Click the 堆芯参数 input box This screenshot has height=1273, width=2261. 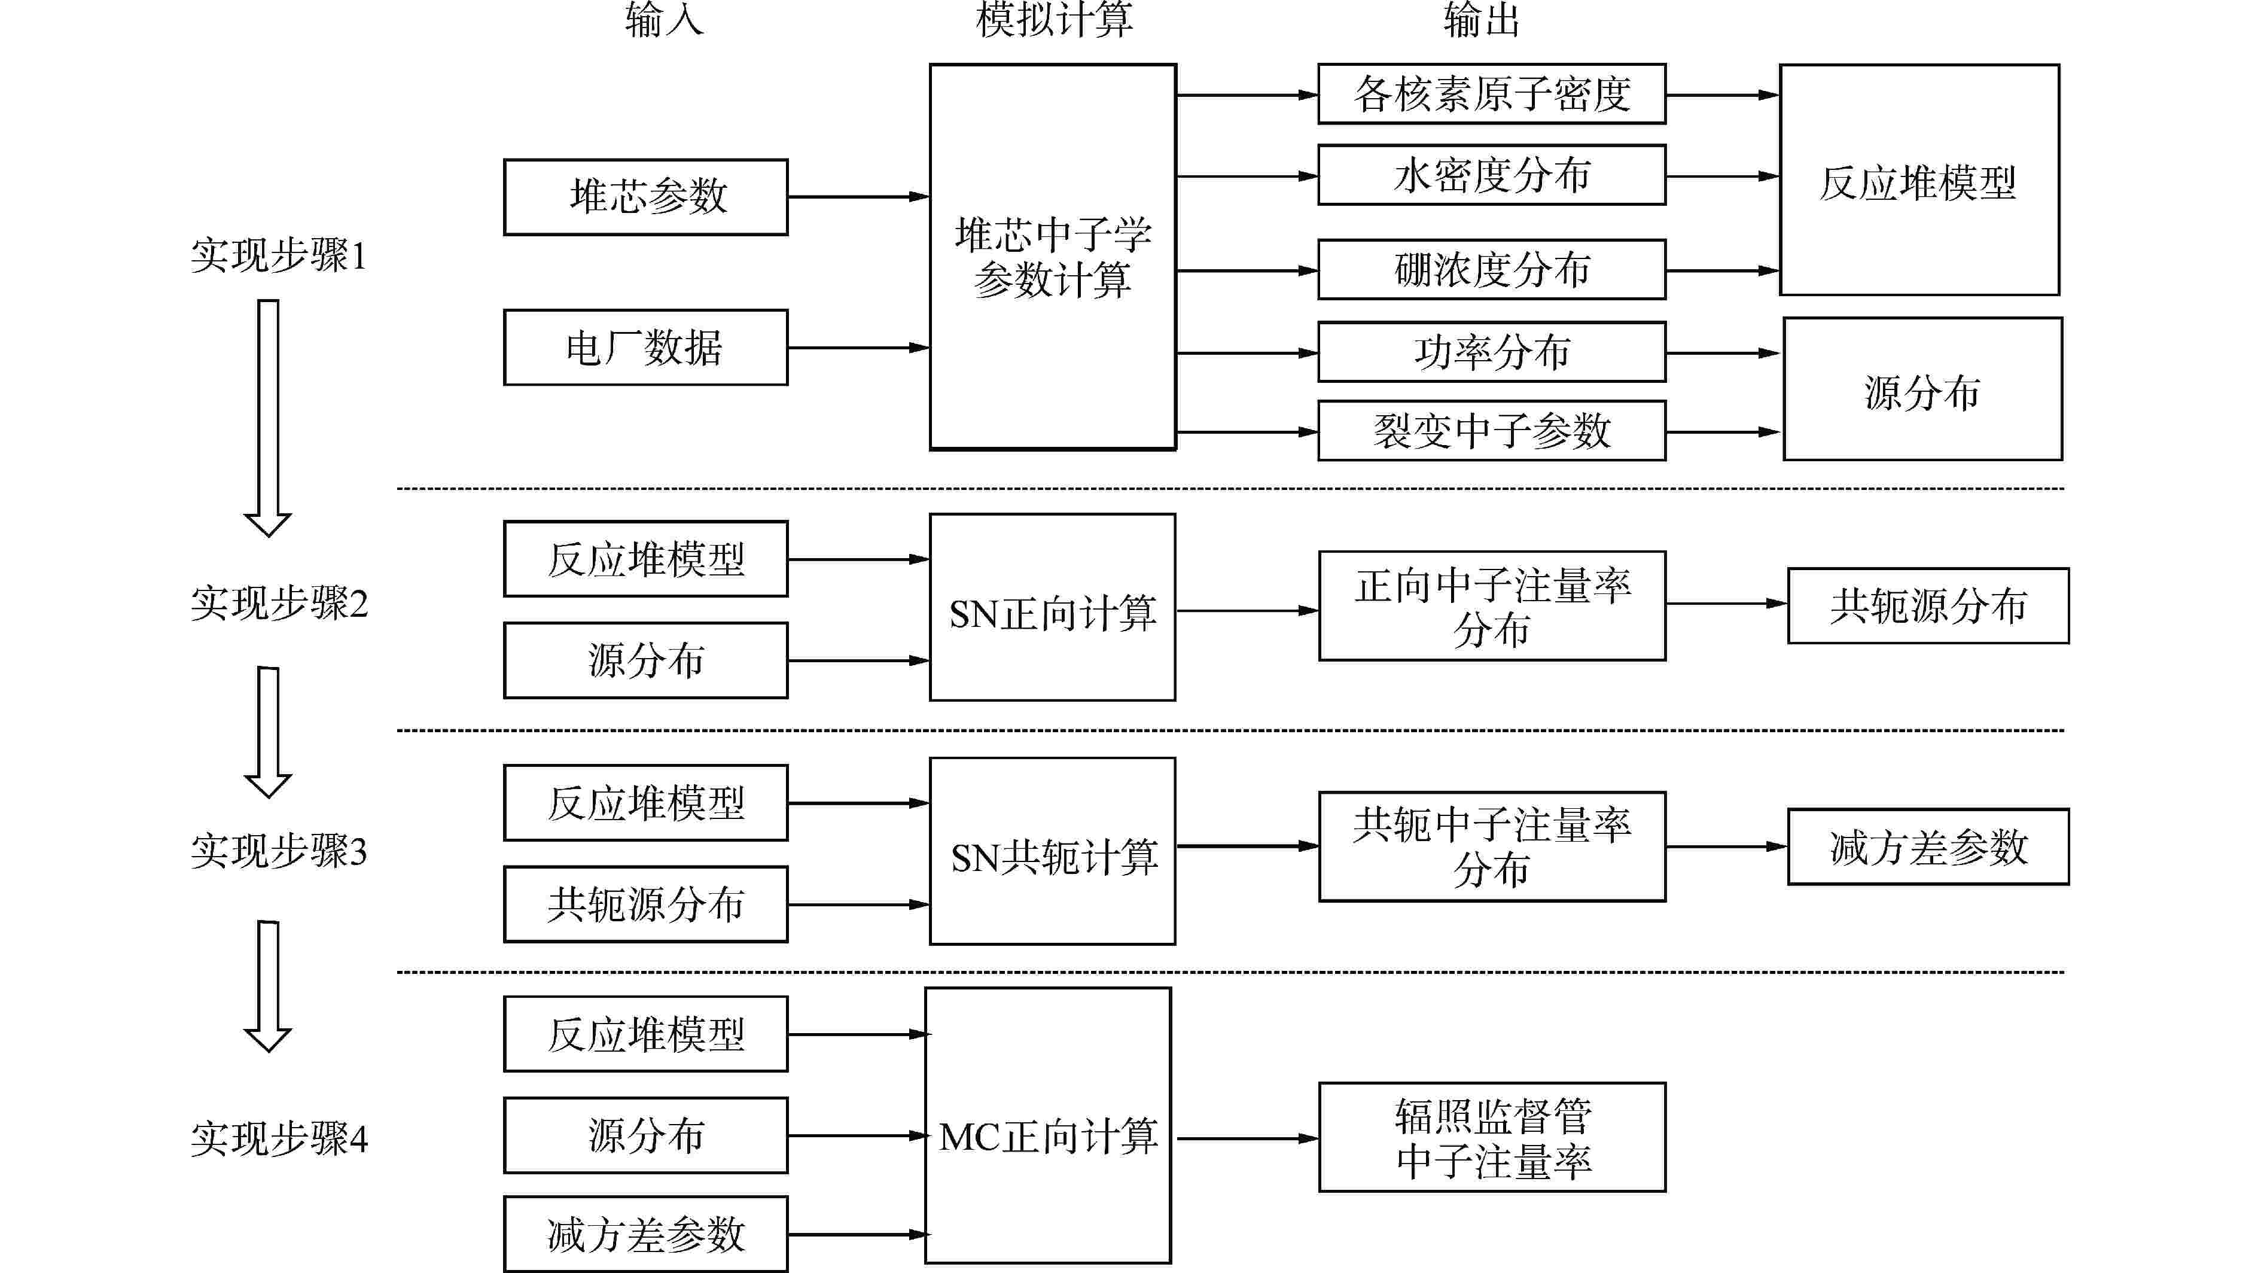tap(645, 197)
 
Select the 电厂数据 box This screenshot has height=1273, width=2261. tap(645, 348)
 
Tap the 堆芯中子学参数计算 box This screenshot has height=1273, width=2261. tap(1052, 257)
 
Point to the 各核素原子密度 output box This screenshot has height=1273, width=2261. tap(1491, 94)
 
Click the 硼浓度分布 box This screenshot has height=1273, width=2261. tap(1491, 270)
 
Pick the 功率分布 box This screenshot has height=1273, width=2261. tap(1491, 352)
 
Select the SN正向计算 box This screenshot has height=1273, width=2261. tap(1052, 608)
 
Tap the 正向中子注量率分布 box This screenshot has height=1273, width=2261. tap(1491, 606)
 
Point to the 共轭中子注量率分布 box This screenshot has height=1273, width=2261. tap(1491, 846)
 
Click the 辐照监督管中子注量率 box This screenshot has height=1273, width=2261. tap(1491, 1137)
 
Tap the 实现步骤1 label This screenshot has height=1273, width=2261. tap(278, 255)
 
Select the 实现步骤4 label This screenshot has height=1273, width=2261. tap(278, 1138)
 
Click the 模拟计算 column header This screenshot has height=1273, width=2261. tap(1054, 19)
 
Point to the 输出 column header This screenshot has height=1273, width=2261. tap(1482, 19)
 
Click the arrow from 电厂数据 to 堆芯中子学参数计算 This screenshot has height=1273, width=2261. tap(858, 348)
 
